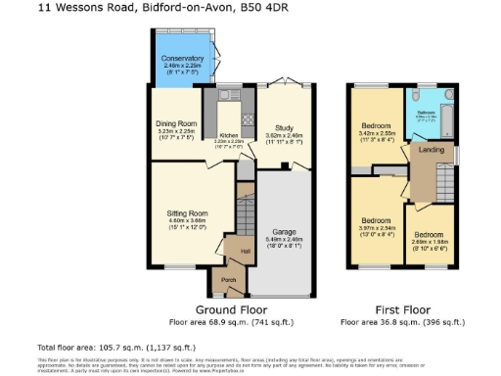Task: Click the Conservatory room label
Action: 182,60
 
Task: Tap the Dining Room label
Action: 176,124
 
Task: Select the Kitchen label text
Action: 228,135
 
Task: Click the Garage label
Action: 284,232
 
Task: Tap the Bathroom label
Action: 426,113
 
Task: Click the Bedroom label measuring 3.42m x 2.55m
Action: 377,127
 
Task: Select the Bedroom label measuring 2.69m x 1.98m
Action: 431,236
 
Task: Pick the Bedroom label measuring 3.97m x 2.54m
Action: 377,221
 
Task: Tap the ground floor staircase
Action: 246,211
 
